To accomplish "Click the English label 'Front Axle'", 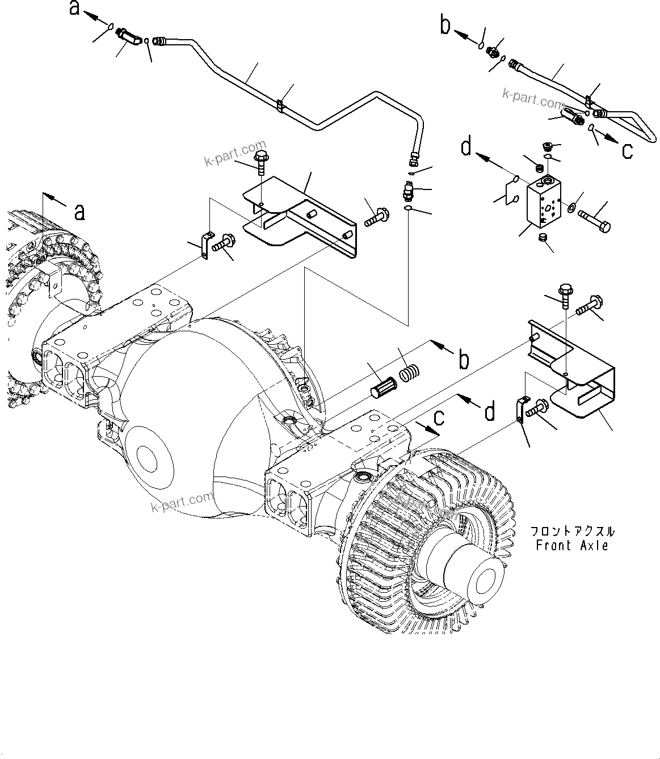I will [572, 546].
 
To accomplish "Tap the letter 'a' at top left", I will [75, 10].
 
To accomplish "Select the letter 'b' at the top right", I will [446, 25].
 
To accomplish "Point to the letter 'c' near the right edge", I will [628, 151].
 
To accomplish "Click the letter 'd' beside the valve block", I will [466, 147].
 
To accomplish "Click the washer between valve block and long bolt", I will [570, 206].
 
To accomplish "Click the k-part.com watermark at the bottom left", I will [182, 502].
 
